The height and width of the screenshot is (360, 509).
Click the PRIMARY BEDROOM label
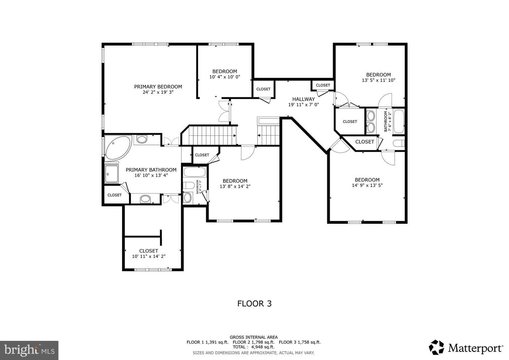click(x=158, y=87)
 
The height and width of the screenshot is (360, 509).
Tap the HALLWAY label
click(x=304, y=99)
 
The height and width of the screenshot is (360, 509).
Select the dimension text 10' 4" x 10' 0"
click(x=225, y=77)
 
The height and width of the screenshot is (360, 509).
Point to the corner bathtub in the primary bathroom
click(x=118, y=147)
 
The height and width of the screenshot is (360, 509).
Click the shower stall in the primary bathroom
click(x=112, y=174)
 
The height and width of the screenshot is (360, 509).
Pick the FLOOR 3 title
click(x=255, y=304)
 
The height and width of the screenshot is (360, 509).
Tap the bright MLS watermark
click(x=29, y=350)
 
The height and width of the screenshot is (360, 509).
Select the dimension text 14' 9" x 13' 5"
click(x=367, y=185)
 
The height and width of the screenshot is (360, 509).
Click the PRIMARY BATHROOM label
click(x=151, y=170)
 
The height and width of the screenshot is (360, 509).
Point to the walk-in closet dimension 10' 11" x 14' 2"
click(x=149, y=256)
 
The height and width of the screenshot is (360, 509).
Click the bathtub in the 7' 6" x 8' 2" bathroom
click(x=399, y=121)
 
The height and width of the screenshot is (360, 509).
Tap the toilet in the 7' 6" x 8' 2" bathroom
click(x=399, y=143)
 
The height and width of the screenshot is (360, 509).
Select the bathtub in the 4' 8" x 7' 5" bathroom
click(x=195, y=172)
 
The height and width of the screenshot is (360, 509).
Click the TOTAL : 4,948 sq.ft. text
click(x=253, y=347)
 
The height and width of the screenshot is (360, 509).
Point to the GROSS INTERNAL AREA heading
click(x=253, y=337)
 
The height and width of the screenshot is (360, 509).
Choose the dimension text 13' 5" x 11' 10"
click(x=379, y=80)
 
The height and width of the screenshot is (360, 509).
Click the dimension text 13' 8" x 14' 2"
click(x=235, y=186)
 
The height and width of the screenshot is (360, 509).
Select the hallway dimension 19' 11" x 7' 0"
click(x=304, y=105)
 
